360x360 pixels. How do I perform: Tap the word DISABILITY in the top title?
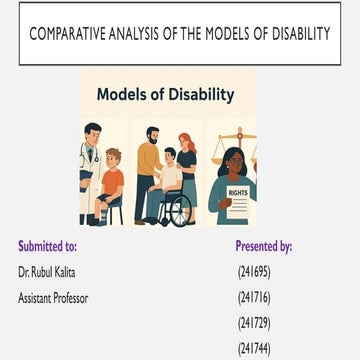[293, 34]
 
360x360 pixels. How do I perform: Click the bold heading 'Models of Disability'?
[165, 95]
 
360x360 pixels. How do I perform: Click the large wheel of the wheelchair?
[174, 209]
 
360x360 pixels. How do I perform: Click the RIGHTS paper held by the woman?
[238, 198]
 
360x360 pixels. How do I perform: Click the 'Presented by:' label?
[263, 245]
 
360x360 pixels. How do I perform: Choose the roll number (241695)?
[254, 271]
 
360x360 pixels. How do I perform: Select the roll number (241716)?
[254, 297]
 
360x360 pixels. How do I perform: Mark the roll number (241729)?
[254, 322]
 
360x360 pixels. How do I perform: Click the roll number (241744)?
[254, 348]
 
